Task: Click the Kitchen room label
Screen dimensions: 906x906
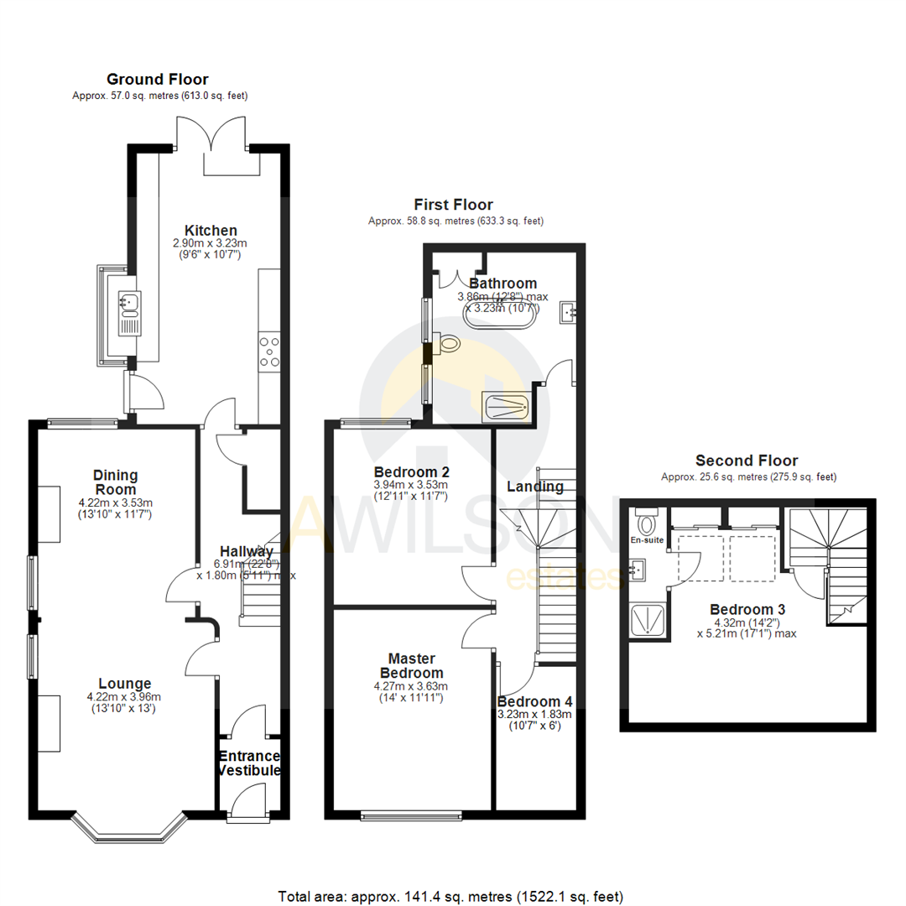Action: point(211,231)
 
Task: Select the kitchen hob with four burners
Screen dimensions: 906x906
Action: point(270,351)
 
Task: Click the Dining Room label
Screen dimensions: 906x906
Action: point(115,482)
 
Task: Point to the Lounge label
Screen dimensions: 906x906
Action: point(123,683)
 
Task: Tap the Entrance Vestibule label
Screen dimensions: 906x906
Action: point(249,763)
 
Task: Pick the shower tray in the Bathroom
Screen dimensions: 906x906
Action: point(506,406)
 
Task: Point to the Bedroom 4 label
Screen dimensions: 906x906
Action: point(534,701)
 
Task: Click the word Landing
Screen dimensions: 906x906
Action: point(535,487)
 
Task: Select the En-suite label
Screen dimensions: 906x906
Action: point(648,540)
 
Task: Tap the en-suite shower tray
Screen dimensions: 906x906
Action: point(648,620)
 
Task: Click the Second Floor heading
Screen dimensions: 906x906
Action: point(747,461)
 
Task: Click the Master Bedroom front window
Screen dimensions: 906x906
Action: point(412,814)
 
